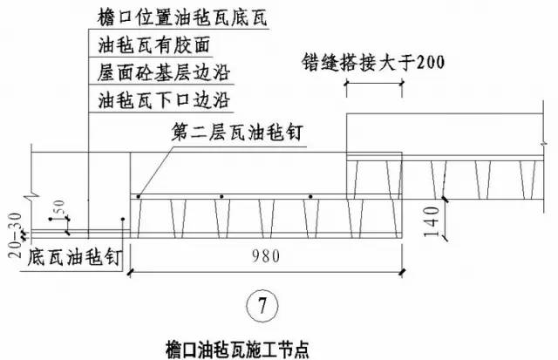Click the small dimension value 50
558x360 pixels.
61,209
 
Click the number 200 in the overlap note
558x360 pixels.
426,63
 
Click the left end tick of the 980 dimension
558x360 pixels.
130,272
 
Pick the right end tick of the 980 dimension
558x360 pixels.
402,272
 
